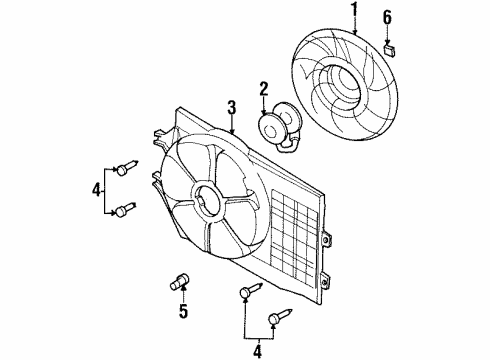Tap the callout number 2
click(263, 89)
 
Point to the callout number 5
click(183, 311)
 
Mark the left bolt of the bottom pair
click(248, 292)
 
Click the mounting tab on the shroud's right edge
click(328, 240)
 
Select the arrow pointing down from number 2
click(264, 108)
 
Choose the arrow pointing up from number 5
click(183, 293)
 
